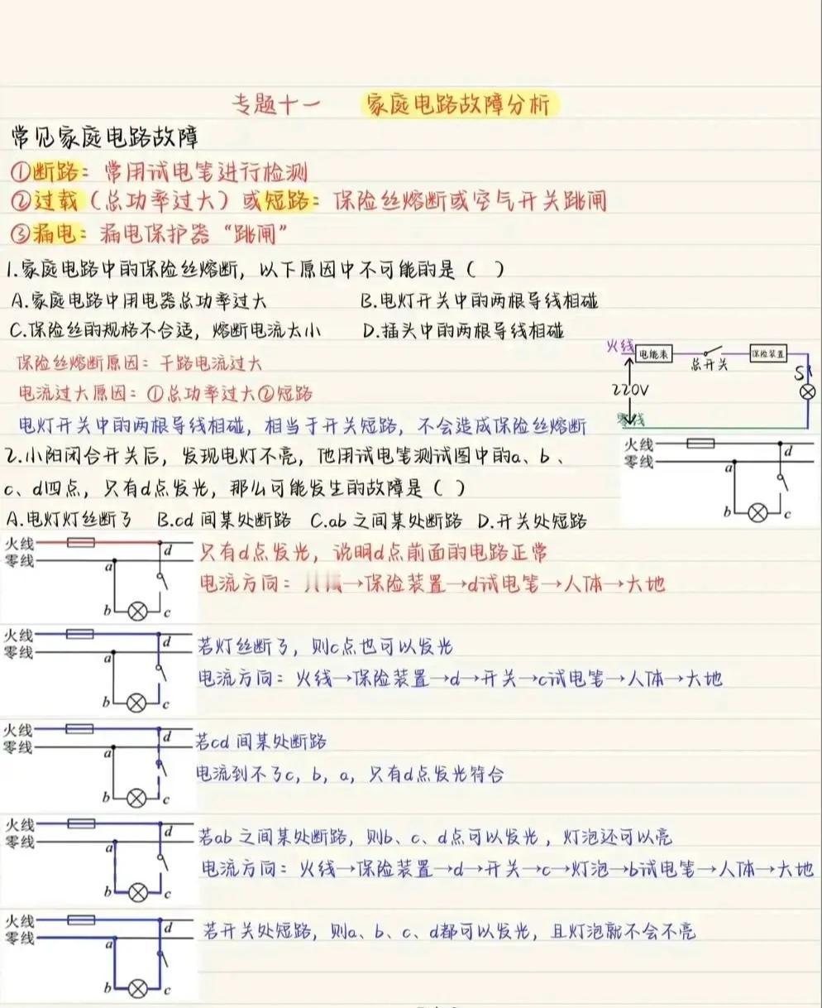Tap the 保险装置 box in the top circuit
tap(767, 353)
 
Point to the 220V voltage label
tap(630, 388)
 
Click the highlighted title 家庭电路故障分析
tap(460, 105)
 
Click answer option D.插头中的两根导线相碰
tap(463, 331)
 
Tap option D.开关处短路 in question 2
tap(533, 521)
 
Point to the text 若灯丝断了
tap(240, 646)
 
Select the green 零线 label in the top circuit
tap(634, 420)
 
